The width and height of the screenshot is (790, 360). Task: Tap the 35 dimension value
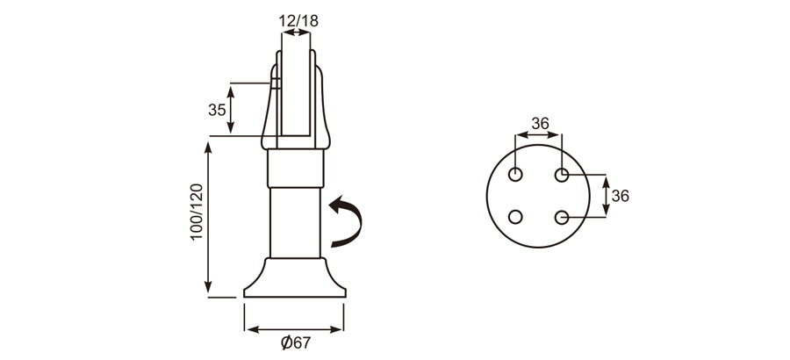[x=216, y=110]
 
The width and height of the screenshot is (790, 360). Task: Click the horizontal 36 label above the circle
[x=540, y=124]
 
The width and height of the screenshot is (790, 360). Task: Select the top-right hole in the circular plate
[x=563, y=175]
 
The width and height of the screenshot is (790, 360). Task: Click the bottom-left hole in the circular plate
[x=516, y=216]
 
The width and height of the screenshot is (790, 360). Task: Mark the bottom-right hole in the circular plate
[x=563, y=216]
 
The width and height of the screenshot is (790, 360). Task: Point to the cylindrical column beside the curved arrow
[x=296, y=224]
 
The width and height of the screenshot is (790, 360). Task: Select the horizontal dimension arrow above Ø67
[x=295, y=329]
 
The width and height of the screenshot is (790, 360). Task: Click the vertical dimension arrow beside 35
[x=232, y=110]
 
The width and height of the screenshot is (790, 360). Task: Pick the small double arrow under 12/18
[x=296, y=32]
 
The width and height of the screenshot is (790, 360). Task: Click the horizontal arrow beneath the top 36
[x=539, y=135]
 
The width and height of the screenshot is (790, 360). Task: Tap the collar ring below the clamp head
[x=296, y=168]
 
